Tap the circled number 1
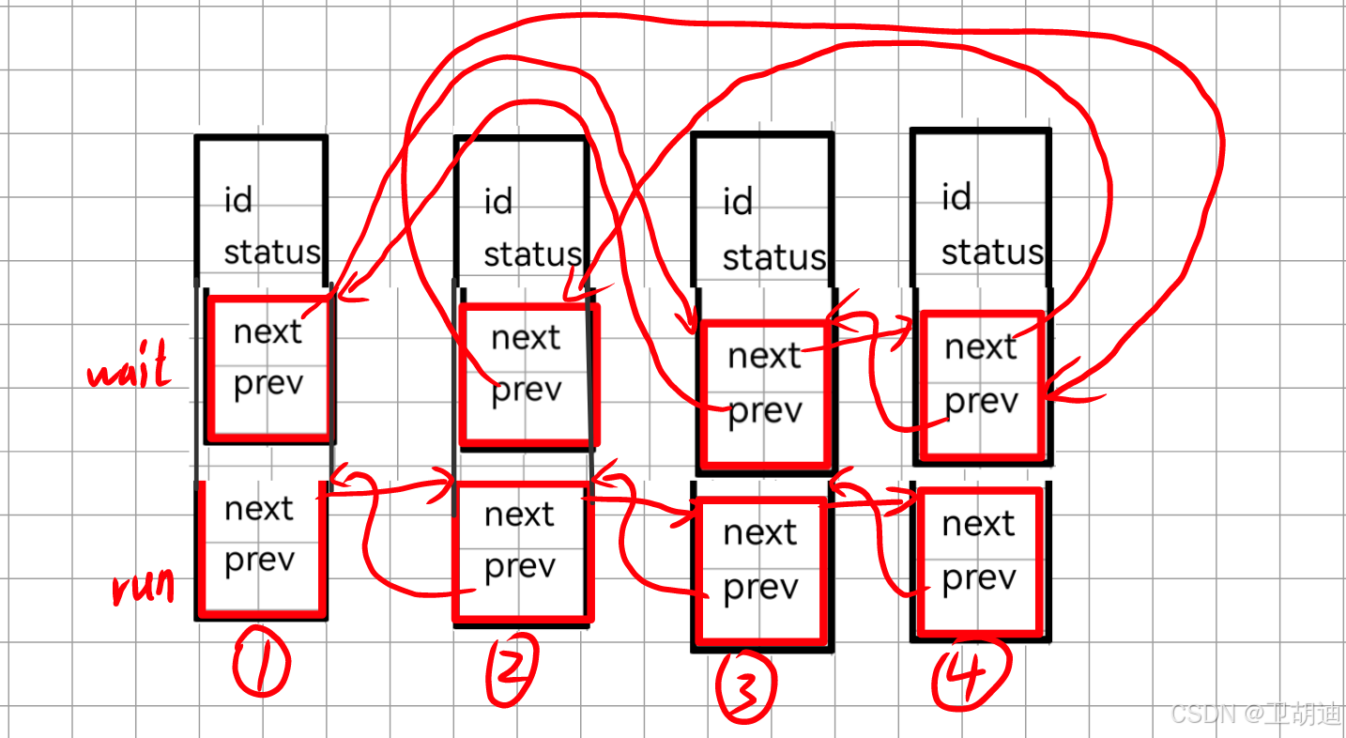261,662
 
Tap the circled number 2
512,669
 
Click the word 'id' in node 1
238,200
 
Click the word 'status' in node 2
532,254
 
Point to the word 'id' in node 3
738,202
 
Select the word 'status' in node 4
992,253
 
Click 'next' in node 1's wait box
268,331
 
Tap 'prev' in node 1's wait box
268,385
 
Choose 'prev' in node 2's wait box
526,390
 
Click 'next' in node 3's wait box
764,357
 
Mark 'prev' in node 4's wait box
981,402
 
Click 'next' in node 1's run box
259,509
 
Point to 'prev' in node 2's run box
519,567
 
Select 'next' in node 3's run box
759,533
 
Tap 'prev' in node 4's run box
978,578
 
